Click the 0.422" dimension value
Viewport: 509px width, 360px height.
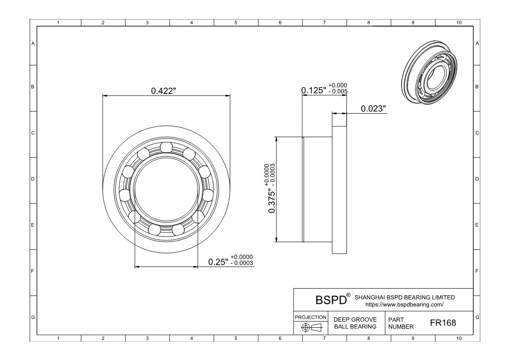164,91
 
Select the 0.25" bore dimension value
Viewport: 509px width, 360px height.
218,262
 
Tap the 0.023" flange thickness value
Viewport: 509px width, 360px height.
374,108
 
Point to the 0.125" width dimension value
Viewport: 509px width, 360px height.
314,90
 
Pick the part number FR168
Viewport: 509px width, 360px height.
443,323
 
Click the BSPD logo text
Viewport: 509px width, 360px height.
331,300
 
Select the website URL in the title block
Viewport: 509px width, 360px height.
405,305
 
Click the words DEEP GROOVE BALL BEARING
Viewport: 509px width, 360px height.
355,323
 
